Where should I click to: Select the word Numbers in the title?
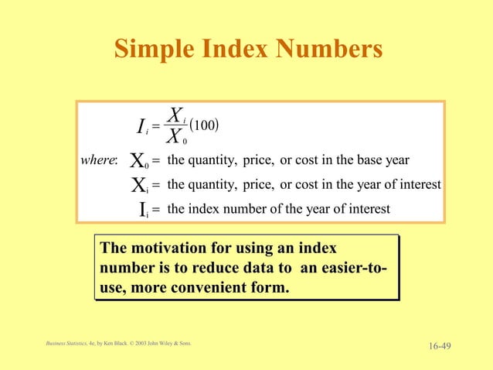click(x=331, y=49)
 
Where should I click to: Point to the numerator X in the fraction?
click(x=175, y=117)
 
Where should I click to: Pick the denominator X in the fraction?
click(x=175, y=138)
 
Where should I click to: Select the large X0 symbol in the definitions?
click(x=139, y=162)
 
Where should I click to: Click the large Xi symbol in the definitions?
click(x=139, y=186)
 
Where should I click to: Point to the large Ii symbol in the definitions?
click(x=143, y=210)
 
